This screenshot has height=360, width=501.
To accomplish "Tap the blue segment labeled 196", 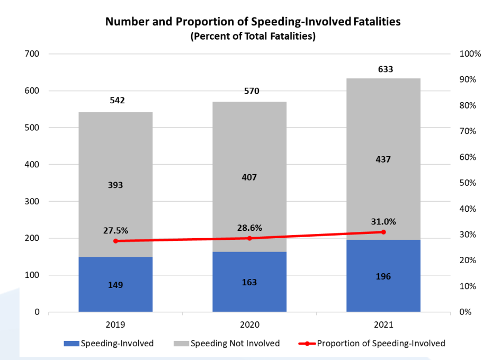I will click(x=383, y=276).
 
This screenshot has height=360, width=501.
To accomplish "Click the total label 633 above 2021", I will click(x=386, y=69).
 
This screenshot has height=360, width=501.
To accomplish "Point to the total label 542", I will click(x=118, y=100).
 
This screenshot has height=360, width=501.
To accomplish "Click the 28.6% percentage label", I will click(x=249, y=228).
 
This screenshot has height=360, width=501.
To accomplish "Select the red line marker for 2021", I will click(x=383, y=232).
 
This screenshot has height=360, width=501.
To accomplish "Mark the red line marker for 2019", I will click(x=115, y=241).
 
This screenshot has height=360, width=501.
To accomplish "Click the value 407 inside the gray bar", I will click(x=249, y=177).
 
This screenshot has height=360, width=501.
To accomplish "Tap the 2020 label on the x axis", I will click(x=249, y=324).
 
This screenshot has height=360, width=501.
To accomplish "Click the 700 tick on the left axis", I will click(x=32, y=54).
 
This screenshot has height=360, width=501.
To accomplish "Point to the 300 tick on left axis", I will click(x=32, y=201).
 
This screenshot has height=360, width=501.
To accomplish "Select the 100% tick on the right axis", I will click(x=469, y=54).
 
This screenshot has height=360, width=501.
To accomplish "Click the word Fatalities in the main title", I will click(x=377, y=22).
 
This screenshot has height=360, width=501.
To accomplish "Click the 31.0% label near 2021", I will click(x=383, y=221).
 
